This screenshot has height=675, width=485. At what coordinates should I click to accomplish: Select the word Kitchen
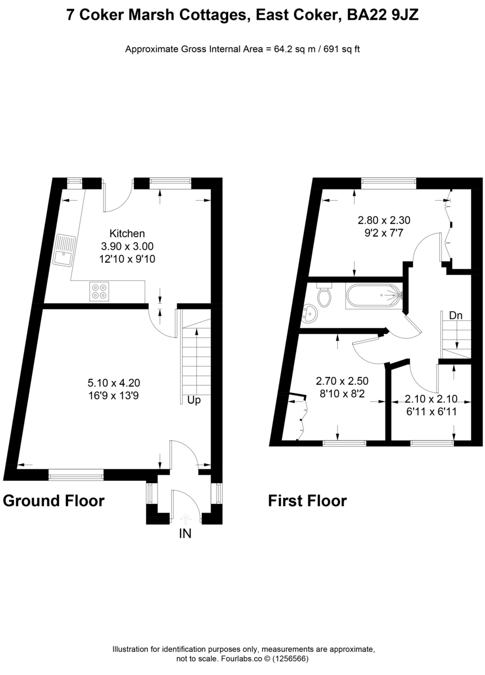click(x=127, y=233)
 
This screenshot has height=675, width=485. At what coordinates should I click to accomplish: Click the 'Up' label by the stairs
click(x=194, y=400)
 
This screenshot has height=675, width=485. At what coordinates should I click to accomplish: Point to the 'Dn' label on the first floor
click(x=456, y=316)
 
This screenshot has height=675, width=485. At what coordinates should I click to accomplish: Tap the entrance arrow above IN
click(x=185, y=517)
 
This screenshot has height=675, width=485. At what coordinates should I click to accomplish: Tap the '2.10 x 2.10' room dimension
click(x=431, y=399)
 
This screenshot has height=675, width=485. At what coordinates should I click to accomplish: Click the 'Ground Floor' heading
click(x=54, y=500)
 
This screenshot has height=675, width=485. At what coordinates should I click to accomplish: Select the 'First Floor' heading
click(x=307, y=500)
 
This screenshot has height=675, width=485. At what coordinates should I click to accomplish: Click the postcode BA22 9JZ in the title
click(x=383, y=16)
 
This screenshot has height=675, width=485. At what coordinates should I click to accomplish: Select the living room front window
click(x=76, y=476)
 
